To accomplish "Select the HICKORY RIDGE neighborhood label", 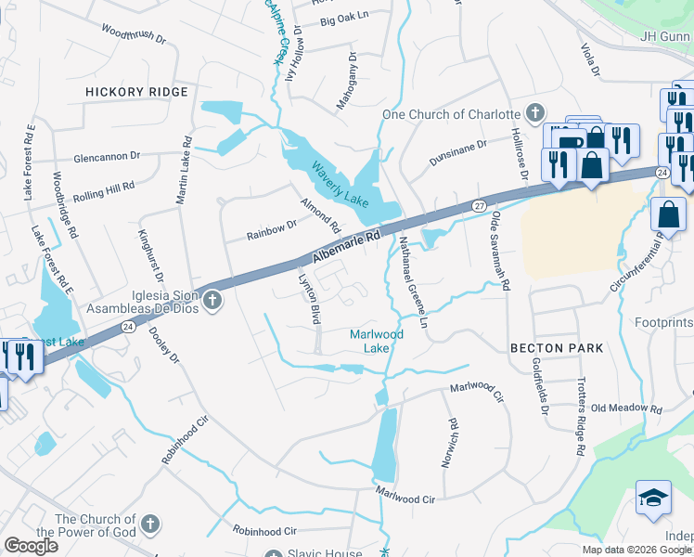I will click(x=136, y=92).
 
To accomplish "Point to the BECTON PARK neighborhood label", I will click(x=557, y=348).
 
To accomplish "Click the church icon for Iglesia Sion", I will click(x=213, y=300).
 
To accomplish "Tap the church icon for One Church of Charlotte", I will click(x=534, y=114).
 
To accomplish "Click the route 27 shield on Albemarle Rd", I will click(x=479, y=204).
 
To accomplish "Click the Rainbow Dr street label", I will click(x=271, y=230).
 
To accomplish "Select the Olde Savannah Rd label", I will click(x=501, y=251).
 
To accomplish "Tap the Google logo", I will click(x=31, y=545).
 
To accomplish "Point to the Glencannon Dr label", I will click(x=107, y=157).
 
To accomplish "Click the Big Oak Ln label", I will click(x=344, y=19).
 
